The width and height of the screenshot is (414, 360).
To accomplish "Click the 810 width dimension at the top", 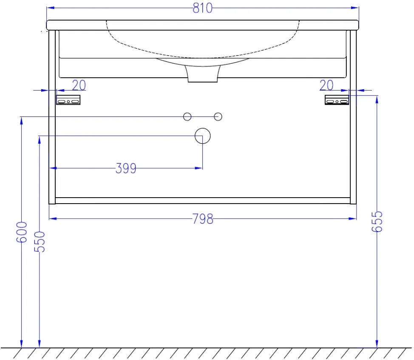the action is click(x=202, y=8).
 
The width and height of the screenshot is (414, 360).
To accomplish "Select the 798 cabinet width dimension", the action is click(x=202, y=219).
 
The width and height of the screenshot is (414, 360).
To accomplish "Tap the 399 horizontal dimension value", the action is click(x=126, y=168).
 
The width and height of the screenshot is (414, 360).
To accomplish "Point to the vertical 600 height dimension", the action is click(x=21, y=232).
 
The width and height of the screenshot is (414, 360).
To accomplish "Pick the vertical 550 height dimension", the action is click(x=40, y=242).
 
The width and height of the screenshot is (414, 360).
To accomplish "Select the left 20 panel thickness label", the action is click(x=79, y=85).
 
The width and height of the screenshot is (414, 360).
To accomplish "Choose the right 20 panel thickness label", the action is click(x=326, y=85).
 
